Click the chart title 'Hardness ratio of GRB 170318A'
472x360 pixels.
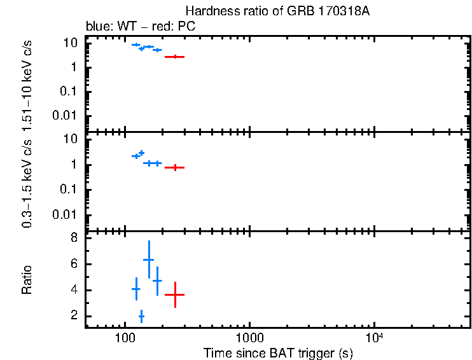pyautogui.click(x=277, y=11)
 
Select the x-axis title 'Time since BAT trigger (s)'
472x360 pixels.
pyautogui.click(x=278, y=352)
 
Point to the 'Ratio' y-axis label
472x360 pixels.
pyautogui.click(x=27, y=279)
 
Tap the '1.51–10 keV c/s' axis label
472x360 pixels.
pyautogui.click(x=27, y=83)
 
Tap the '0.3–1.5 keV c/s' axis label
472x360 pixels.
pyautogui.click(x=27, y=181)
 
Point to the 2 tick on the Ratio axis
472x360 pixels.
pyautogui.click(x=74, y=316)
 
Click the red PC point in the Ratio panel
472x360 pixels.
pyautogui.click(x=175, y=294)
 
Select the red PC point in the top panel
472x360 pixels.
pyautogui.click(x=175, y=57)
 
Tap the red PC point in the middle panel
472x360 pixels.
pyautogui.click(x=175, y=167)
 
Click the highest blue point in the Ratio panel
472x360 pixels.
pyautogui.click(x=149, y=260)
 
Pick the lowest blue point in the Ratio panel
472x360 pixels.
pyautogui.click(x=141, y=316)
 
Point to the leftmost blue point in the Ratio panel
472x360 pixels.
pyautogui.click(x=135, y=289)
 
